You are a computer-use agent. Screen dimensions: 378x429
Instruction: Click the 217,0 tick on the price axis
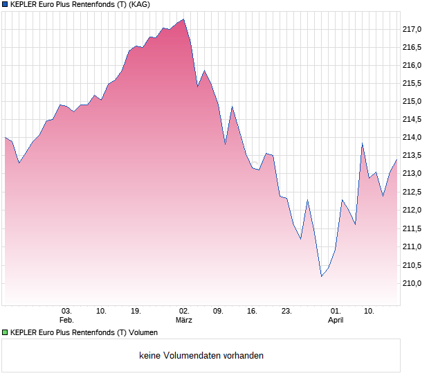click(412, 29)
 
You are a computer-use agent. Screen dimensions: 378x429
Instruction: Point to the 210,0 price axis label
click(412, 284)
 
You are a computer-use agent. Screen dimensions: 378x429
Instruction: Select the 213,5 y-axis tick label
click(412, 156)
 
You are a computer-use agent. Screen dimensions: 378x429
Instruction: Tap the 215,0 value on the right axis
click(412, 102)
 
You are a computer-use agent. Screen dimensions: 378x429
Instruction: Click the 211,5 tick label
click(412, 229)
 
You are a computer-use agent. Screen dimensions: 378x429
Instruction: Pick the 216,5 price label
click(412, 47)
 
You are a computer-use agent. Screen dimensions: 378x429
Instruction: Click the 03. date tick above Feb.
click(66, 311)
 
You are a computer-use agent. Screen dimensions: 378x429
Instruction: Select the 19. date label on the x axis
click(136, 311)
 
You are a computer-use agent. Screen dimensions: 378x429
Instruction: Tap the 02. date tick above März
click(184, 311)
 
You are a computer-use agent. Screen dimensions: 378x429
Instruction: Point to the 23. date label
click(286, 311)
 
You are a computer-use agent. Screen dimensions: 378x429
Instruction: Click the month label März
click(184, 320)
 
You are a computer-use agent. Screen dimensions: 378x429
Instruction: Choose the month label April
click(336, 320)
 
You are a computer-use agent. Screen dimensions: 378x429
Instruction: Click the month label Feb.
click(66, 320)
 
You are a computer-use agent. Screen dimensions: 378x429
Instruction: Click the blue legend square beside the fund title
click(6, 5)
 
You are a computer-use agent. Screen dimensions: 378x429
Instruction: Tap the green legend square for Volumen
click(6, 332)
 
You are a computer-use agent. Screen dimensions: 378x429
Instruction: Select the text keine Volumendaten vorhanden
click(201, 356)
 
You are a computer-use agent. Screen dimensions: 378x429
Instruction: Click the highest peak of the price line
click(183, 19)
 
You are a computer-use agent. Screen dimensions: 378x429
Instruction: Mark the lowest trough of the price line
click(321, 276)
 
